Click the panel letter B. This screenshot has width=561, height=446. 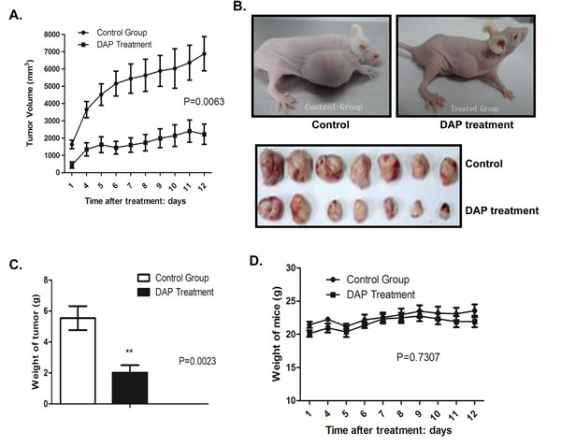239,8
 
